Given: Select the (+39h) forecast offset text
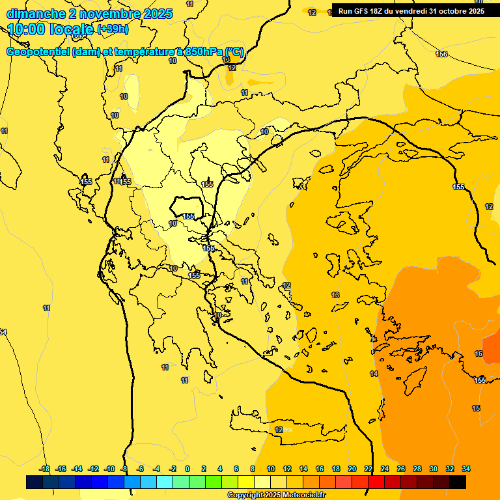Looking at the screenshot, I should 113,29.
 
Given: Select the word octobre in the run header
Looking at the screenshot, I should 453,11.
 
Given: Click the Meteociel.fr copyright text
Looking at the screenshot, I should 276,495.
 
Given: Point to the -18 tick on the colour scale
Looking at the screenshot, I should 44,469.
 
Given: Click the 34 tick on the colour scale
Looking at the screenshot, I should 465,469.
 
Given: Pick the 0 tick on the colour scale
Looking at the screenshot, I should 187,469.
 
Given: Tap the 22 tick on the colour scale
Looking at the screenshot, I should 368,469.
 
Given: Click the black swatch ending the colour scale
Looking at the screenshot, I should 458,482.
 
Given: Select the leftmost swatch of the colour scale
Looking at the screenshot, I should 35,482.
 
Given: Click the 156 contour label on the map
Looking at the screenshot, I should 441,54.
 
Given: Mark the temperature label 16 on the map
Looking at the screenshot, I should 479,354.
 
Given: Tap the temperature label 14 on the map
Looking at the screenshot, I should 374,374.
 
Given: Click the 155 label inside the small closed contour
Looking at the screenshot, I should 188,216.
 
